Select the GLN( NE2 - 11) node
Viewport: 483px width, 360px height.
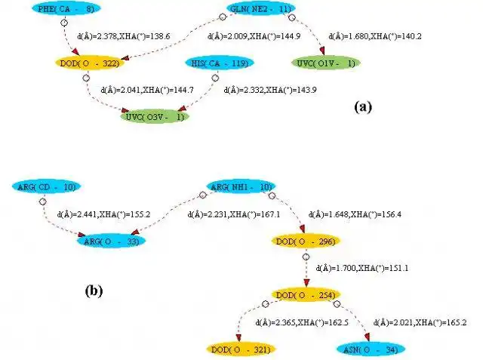pos(261,9)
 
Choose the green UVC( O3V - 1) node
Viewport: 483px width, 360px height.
pos(156,117)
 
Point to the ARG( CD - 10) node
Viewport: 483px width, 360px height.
pos(46,186)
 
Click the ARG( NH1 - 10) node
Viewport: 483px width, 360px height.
pos(240,186)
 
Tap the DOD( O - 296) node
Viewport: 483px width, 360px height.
pos(306,241)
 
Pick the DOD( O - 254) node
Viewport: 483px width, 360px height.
pos(306,294)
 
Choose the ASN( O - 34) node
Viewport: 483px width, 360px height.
pos(371,349)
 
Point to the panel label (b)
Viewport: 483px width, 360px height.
pos(94,290)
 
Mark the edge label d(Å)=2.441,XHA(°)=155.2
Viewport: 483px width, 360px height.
pos(103,214)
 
